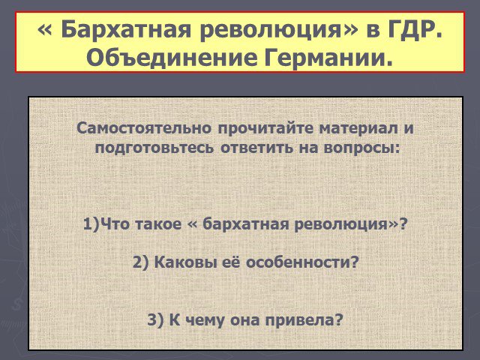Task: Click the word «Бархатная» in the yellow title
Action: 126,30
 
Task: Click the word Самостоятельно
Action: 144,128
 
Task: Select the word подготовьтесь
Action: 154,148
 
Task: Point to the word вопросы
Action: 361,148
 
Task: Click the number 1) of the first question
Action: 91,224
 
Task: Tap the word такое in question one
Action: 158,224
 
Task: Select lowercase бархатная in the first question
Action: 246,224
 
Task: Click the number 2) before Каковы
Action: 140,262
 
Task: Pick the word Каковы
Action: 183,262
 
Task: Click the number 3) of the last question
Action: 155,320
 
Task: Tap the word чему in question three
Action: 205,321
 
